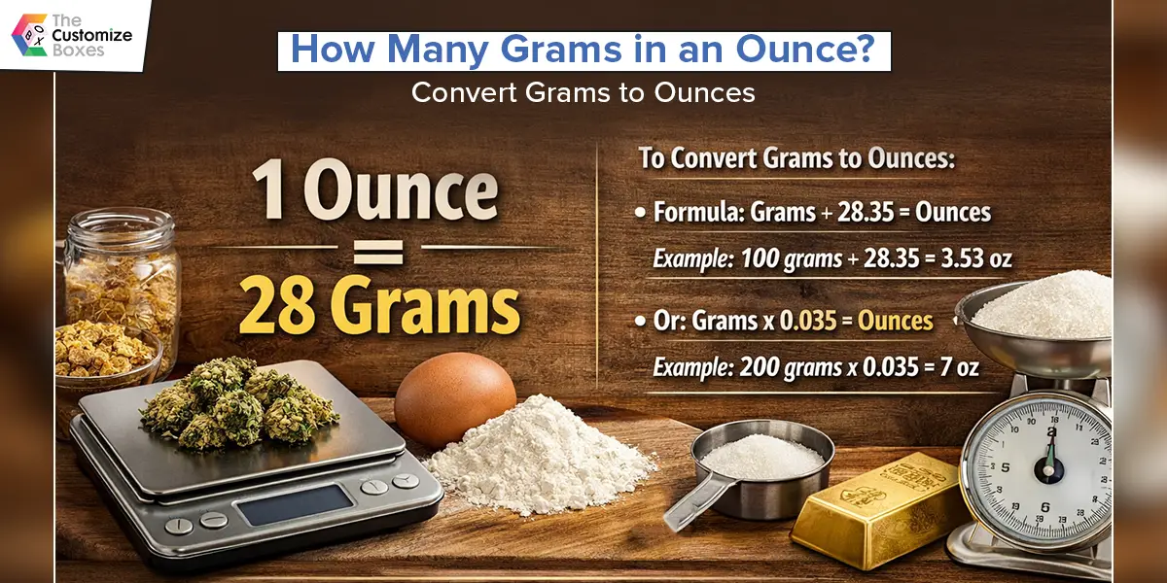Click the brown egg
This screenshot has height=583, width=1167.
click(454, 397)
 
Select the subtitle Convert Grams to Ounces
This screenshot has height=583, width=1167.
click(583, 92)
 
